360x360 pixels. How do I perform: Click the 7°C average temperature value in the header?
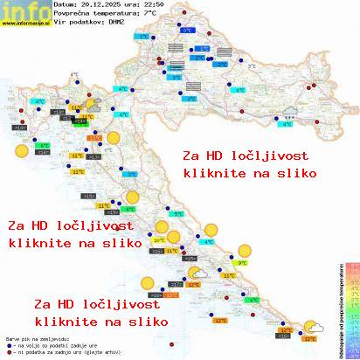click(x=151, y=14)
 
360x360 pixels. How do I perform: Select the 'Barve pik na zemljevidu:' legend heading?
click(x=39, y=336)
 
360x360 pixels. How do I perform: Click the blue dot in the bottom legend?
click(x=8, y=343)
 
